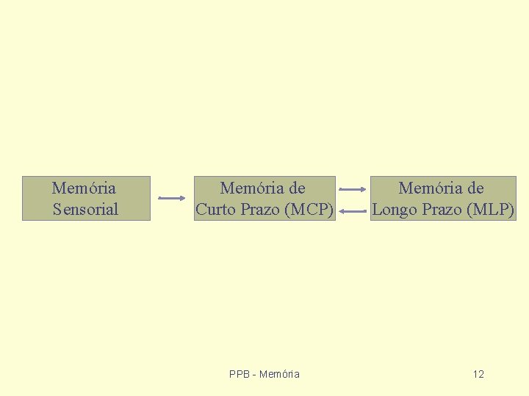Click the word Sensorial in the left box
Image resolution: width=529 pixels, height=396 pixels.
85,210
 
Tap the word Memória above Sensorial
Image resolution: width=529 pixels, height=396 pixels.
84,188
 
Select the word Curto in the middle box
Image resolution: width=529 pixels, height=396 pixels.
217,210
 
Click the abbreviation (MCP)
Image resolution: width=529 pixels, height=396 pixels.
309,210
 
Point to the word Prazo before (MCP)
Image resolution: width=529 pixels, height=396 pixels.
260,210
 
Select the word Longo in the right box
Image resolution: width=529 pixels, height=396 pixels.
395,210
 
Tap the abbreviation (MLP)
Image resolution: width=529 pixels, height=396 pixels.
490,210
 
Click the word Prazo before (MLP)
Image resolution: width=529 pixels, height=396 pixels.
441,210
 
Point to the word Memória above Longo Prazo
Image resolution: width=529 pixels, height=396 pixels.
431,188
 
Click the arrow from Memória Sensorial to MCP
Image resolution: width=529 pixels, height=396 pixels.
172,198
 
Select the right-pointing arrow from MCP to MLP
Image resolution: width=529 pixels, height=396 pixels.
353,190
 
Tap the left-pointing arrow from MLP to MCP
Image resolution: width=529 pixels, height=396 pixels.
353,212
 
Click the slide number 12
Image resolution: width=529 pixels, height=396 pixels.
478,375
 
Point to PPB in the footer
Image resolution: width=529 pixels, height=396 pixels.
240,375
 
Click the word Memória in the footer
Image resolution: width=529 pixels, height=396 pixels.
279,375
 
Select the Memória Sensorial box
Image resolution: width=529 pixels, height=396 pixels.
86,198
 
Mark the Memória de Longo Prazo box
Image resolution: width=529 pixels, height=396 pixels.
443,198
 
